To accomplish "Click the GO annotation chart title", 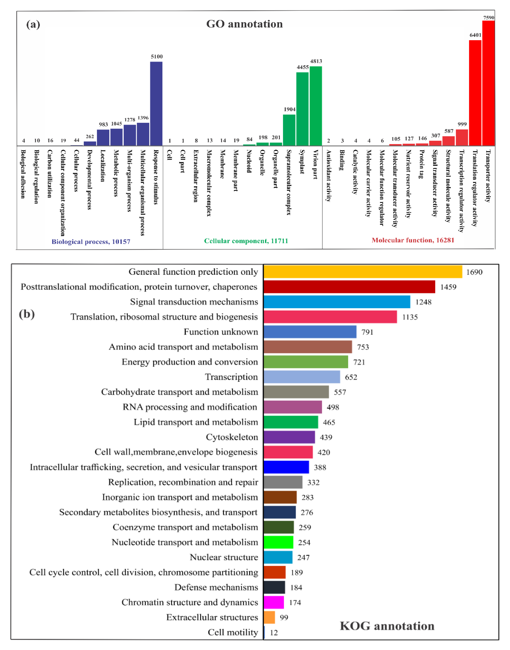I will click(x=244, y=24).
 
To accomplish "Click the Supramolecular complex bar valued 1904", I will click(x=289, y=130).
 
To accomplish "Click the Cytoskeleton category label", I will click(x=232, y=437).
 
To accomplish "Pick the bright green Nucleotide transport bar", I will click(x=278, y=542).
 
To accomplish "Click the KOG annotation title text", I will click(x=387, y=626).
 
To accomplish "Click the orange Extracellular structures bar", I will click(x=269, y=617).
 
